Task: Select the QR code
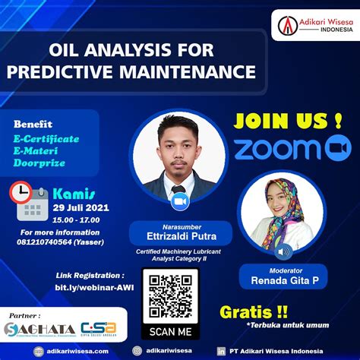click(x=170, y=295)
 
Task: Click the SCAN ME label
click(x=170, y=330)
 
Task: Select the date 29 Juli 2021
click(x=81, y=207)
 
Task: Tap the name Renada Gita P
click(x=285, y=280)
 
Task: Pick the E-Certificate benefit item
click(x=52, y=141)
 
